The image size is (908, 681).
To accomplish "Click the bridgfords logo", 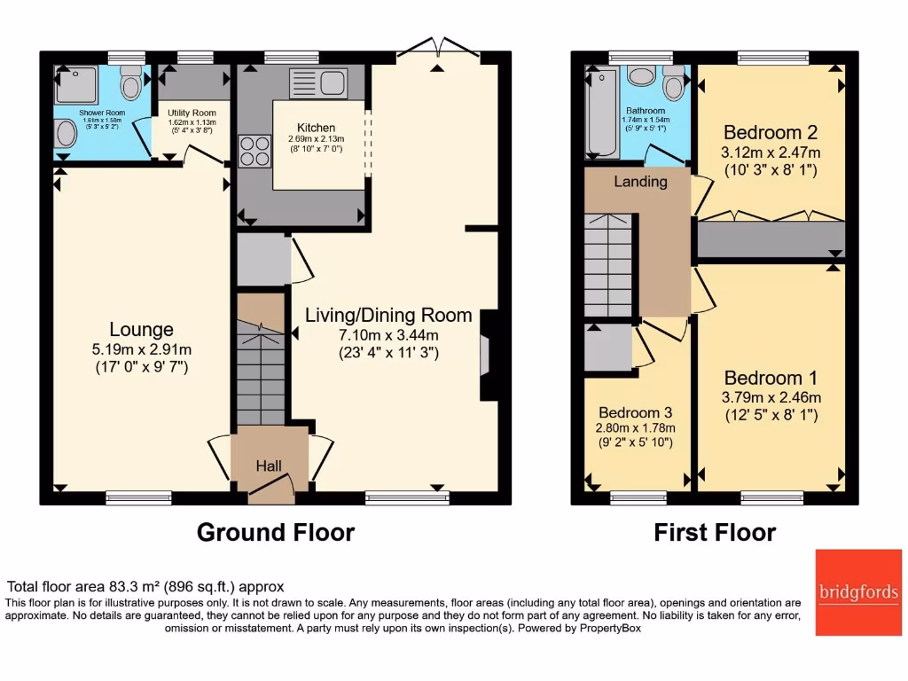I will (x=857, y=592).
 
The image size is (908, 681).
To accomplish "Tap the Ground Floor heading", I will (x=275, y=532).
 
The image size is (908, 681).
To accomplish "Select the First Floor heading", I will (x=715, y=532).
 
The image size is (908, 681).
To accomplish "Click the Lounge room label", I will (x=142, y=330).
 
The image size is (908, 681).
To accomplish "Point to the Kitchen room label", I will (x=316, y=129).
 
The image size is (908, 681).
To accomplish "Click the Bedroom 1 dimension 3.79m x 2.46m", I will (x=771, y=397).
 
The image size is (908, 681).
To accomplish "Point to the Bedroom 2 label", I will (x=771, y=133).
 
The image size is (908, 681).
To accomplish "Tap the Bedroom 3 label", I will (x=635, y=413).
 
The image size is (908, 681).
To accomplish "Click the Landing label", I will (x=641, y=182).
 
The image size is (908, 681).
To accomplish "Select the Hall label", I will (x=269, y=466).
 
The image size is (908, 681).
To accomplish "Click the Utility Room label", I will (x=192, y=113).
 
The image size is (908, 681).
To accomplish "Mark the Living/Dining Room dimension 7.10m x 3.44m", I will (x=388, y=335).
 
